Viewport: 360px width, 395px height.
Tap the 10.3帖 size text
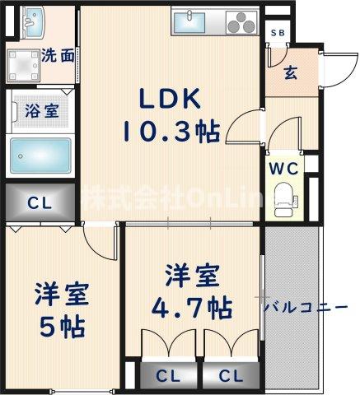[171, 130]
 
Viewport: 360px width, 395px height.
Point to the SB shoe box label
[278, 32]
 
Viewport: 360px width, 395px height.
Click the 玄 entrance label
[291, 72]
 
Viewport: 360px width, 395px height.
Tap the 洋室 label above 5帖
[62, 294]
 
